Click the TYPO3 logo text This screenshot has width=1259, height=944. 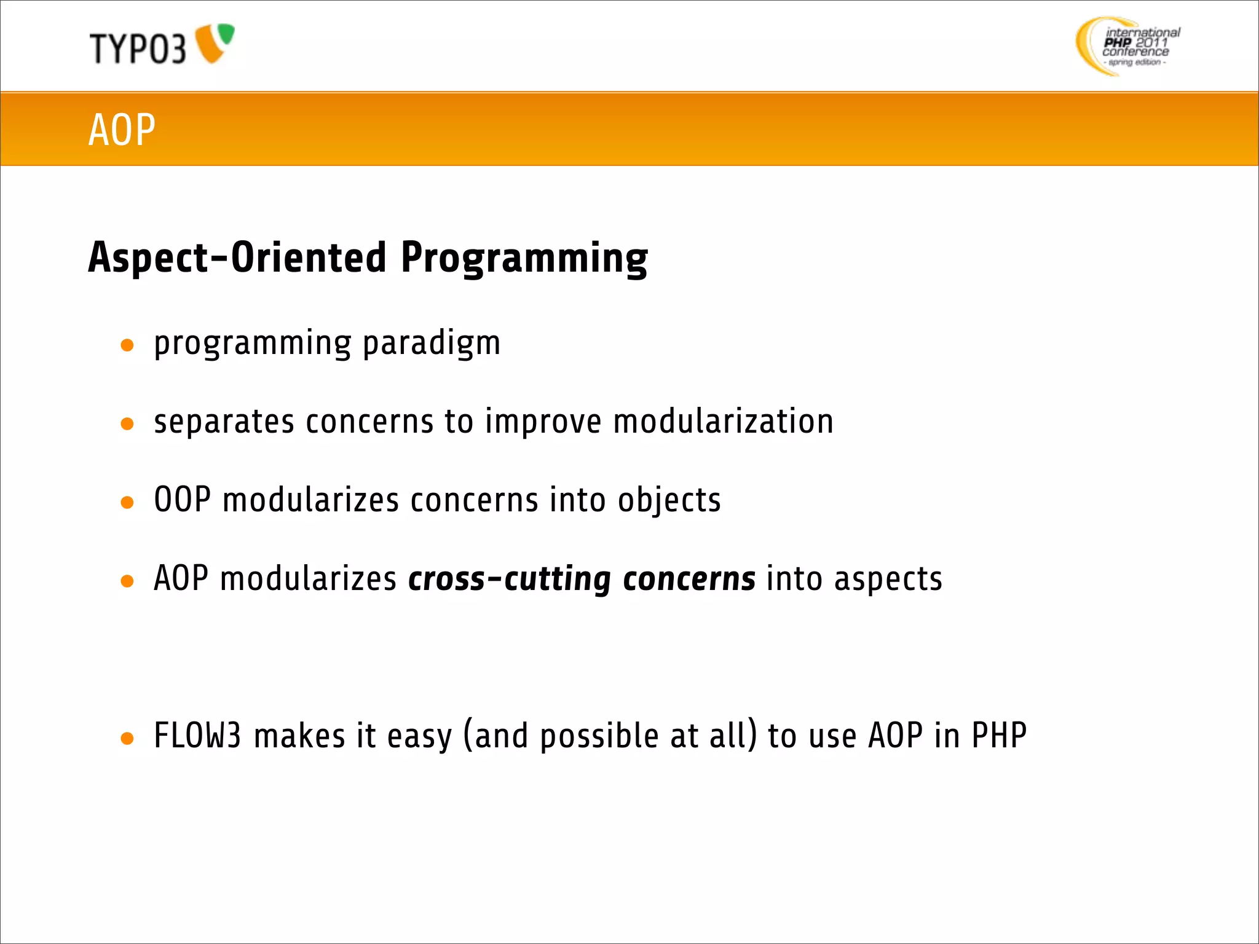[138, 49]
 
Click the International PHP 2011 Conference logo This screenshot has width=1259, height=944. [1128, 46]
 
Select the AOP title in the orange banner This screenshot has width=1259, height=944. [122, 130]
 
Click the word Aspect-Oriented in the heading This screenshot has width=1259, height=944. [237, 257]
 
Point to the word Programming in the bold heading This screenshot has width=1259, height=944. [524, 258]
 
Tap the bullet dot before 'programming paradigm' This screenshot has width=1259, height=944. [127, 345]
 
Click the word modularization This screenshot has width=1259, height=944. [723, 422]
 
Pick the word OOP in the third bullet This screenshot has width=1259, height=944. [182, 500]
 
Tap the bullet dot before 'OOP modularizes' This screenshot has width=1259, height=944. [127, 503]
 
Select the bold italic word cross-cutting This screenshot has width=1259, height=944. [509, 580]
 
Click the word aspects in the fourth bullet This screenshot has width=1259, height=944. [888, 580]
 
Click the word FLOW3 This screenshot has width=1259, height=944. [197, 736]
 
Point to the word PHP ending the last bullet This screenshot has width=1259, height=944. [998, 736]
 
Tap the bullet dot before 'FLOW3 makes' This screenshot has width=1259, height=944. [127, 739]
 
